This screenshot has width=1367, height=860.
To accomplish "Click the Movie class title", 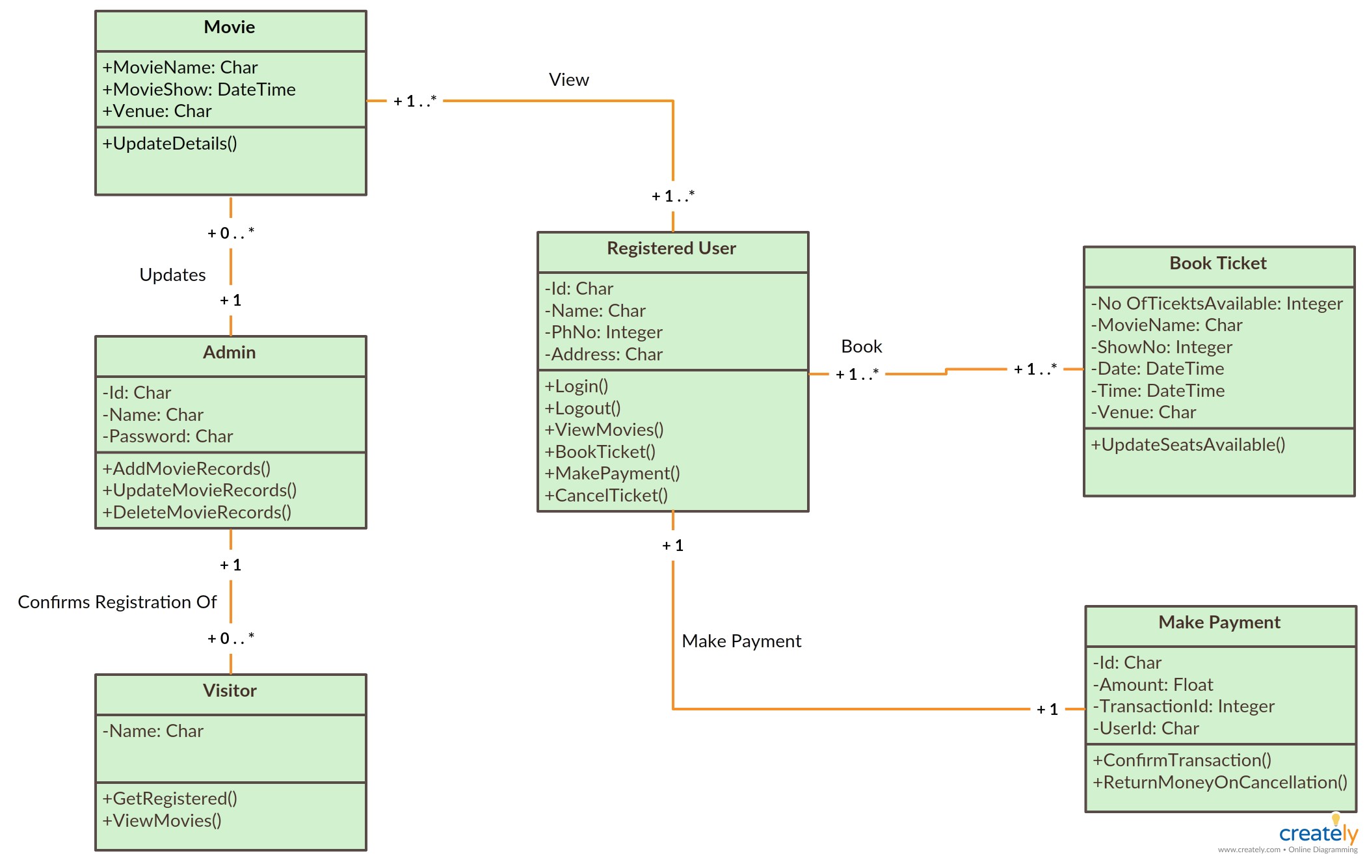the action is click(230, 27).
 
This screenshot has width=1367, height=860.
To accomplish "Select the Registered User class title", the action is click(672, 249).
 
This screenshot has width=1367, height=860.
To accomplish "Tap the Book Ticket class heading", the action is click(1218, 263).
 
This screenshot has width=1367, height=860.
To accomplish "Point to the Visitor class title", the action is click(230, 691).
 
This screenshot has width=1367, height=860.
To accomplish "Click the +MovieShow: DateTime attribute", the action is click(199, 90).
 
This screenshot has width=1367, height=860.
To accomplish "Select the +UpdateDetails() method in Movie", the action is click(170, 144).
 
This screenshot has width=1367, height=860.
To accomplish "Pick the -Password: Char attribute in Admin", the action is click(168, 437).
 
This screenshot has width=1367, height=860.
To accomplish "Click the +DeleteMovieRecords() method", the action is click(197, 513).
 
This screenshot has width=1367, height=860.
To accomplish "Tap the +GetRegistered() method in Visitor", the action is click(170, 799).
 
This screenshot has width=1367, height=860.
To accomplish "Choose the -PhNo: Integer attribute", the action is click(604, 332).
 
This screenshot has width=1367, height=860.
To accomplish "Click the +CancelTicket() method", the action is click(606, 496).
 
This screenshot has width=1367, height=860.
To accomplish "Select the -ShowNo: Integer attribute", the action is click(1161, 347).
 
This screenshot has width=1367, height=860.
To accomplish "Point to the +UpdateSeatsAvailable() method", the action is click(1188, 445).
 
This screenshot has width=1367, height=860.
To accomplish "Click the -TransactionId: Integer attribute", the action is click(1184, 706).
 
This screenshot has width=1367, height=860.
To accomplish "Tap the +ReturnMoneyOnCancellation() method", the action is click(1220, 783).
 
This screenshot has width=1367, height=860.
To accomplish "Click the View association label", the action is click(569, 80).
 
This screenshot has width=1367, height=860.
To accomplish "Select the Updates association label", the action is click(172, 275).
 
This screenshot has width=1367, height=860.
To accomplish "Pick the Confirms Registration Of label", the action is click(117, 602).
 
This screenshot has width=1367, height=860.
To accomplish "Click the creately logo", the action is click(1318, 832).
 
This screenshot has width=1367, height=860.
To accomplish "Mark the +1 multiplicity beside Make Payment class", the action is click(1047, 710).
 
